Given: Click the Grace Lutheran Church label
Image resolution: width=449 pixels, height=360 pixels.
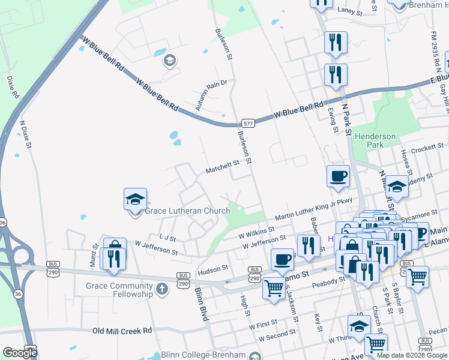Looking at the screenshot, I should point(187,211).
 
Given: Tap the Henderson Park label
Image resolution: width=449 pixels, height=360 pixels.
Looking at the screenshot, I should point(376,140).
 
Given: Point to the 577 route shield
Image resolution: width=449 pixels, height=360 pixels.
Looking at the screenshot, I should point(249,123).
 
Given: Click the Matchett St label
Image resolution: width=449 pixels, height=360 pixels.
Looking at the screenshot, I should point(223,166).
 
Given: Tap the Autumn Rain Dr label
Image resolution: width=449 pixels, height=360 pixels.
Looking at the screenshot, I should point(212,95).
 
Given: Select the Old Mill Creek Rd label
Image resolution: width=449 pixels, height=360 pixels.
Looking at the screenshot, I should point(122,331).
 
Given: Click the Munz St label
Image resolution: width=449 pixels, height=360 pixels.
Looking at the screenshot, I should point(94,255).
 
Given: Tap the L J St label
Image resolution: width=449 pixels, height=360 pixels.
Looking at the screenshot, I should point(167,238).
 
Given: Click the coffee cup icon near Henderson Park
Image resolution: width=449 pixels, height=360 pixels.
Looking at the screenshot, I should point(338,176).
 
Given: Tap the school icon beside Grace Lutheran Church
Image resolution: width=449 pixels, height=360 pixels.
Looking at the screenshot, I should point(135,199).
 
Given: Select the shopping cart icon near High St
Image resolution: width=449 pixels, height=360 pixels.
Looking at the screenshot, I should point(274,288).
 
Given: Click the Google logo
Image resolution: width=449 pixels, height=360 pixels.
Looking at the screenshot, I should point(20,352).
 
